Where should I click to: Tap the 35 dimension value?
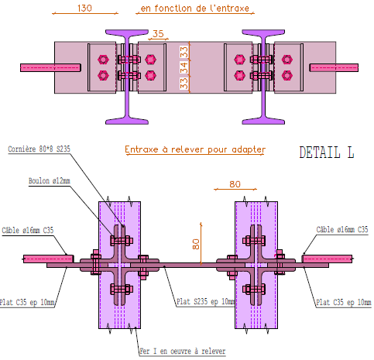click(x=158, y=34)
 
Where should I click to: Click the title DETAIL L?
click(x=327, y=153)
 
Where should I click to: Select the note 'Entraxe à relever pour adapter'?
click(x=195, y=149)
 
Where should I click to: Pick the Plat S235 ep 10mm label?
click(x=204, y=301)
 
